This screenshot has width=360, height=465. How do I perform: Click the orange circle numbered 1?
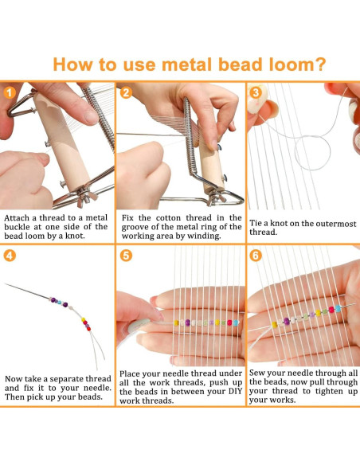(10, 93)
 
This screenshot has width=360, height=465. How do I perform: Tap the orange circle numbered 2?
(126, 93)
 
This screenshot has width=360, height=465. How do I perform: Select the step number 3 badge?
(256, 93)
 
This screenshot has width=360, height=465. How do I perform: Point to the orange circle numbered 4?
(10, 256)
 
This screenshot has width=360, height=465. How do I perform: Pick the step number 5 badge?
(126, 256)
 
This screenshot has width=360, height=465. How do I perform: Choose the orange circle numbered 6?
(256, 256)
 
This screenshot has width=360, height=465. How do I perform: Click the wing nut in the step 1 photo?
(85, 197)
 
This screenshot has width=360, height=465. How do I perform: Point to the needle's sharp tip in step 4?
(5, 283)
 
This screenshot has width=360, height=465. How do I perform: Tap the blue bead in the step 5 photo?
(236, 323)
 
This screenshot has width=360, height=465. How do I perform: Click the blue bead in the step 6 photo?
(338, 309)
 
